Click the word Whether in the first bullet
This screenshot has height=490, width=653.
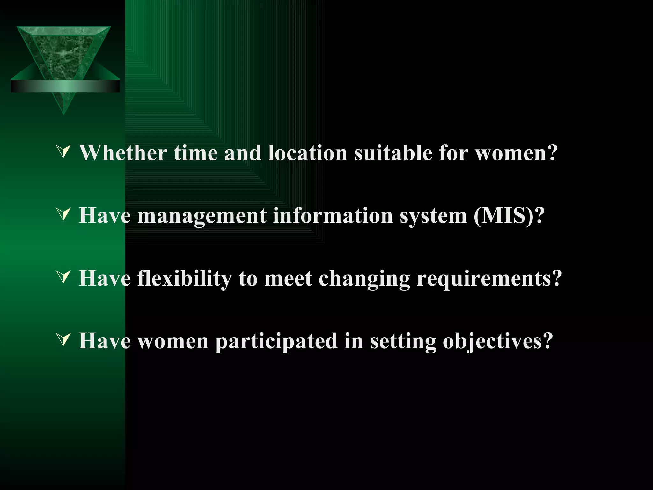(x=123, y=153)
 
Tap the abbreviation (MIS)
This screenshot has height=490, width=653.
(x=503, y=216)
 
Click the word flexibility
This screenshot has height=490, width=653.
(x=185, y=278)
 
